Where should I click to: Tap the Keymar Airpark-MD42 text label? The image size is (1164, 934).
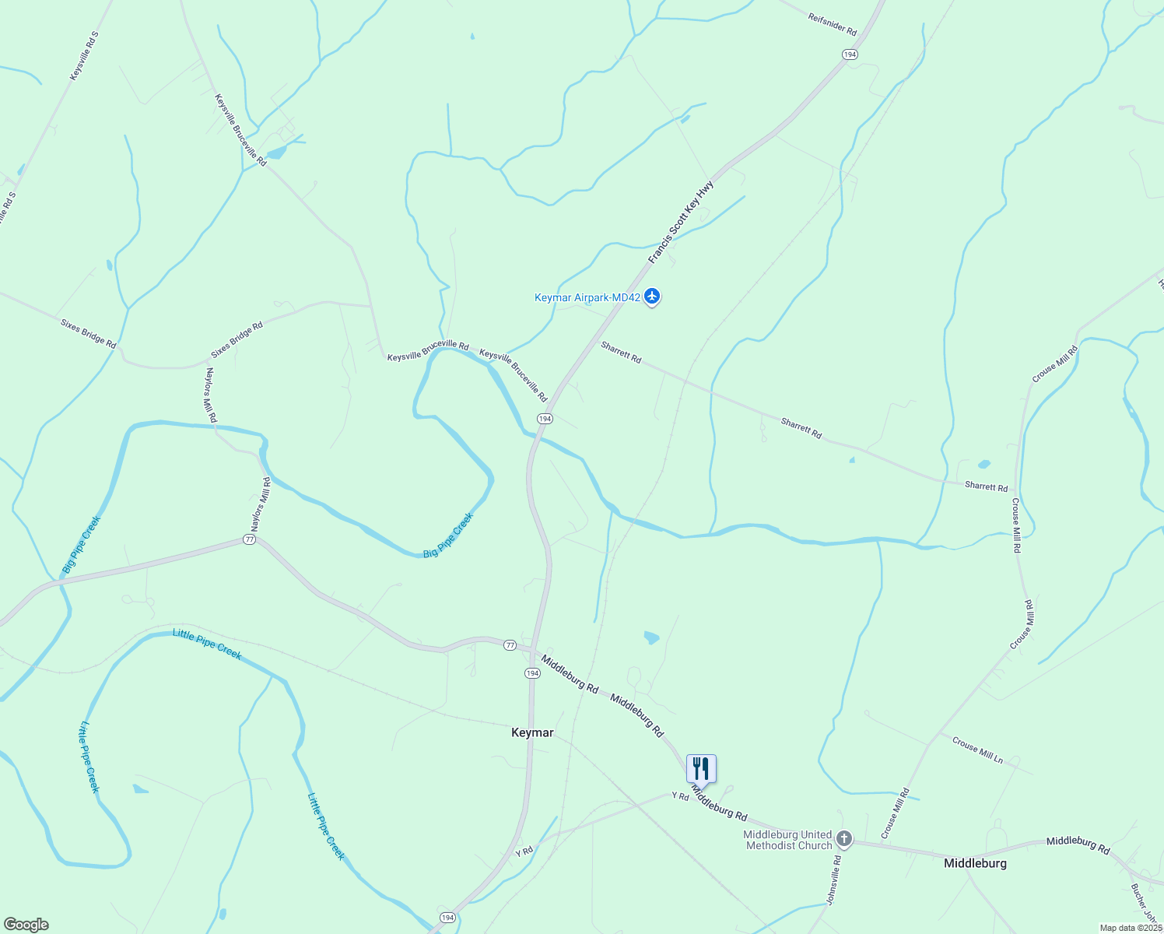pos(587,297)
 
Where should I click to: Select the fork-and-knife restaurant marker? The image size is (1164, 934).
pos(701,769)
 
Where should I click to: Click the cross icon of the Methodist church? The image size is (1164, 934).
pos(844,840)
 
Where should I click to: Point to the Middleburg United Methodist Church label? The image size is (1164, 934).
pos(787,840)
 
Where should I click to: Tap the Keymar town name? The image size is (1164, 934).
pos(532,732)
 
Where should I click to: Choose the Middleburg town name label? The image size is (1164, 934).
pos(975,863)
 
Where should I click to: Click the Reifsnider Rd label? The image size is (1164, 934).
pos(832,26)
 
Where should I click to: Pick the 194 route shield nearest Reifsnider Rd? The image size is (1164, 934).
pos(850,54)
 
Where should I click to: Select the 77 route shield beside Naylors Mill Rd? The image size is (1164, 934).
pos(249,539)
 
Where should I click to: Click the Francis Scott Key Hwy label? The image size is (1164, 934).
pos(682,222)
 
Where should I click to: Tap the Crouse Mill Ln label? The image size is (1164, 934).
pos(977,750)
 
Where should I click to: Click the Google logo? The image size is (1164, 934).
pos(26,925)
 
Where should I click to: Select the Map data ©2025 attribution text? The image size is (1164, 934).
pos(1130,928)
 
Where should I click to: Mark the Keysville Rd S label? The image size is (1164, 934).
pos(85,56)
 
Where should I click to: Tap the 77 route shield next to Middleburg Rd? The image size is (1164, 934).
pos(510,645)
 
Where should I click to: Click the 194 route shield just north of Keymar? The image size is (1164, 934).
pos(532,673)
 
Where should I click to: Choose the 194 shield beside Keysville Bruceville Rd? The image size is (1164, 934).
pos(545,419)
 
